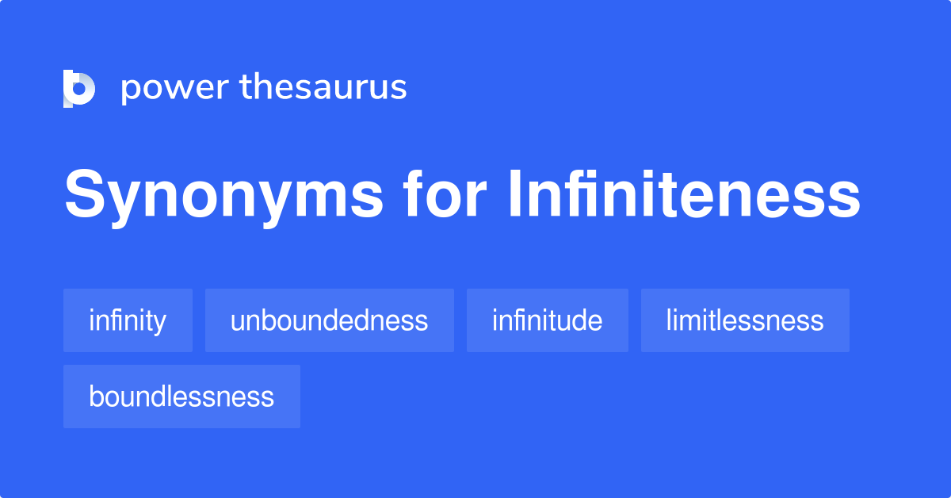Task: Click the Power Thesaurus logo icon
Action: click(x=79, y=88)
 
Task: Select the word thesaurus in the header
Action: click(x=323, y=88)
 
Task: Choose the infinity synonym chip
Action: click(x=128, y=320)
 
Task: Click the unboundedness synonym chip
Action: click(x=329, y=320)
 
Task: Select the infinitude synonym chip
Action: click(x=547, y=320)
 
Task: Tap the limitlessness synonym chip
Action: click(x=745, y=320)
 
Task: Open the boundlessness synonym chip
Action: click(x=181, y=396)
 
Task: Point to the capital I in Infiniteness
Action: click(x=513, y=196)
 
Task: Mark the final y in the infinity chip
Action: click(x=160, y=324)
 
